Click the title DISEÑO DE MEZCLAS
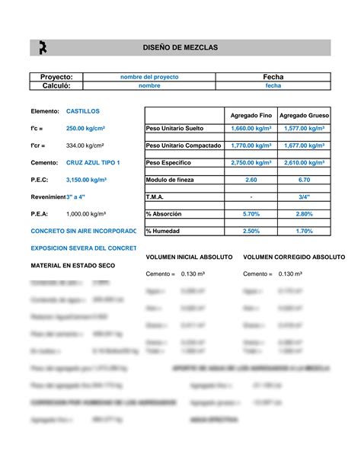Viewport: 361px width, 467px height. [180, 47]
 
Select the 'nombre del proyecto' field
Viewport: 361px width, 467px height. [149, 77]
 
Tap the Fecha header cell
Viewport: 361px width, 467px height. [273, 77]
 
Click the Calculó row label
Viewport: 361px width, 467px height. [55, 86]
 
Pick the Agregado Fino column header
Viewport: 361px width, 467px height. [251, 114]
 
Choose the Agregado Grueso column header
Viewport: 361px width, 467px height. [304, 114]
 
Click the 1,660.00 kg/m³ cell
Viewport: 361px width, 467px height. [251, 128]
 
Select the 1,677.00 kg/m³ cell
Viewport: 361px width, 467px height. [304, 145]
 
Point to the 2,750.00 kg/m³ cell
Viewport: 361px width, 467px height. [251, 162]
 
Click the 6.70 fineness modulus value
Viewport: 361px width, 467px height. [304, 180]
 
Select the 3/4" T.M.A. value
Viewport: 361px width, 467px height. [304, 197]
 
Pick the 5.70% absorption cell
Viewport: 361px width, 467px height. [251, 214]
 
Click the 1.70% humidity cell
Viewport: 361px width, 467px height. [304, 231]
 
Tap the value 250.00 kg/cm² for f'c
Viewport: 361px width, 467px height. [86, 128]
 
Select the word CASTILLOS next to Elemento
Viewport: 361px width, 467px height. [82, 111]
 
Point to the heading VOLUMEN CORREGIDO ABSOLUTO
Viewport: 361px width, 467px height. [293, 257]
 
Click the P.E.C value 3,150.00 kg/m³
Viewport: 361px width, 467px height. [86, 180]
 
